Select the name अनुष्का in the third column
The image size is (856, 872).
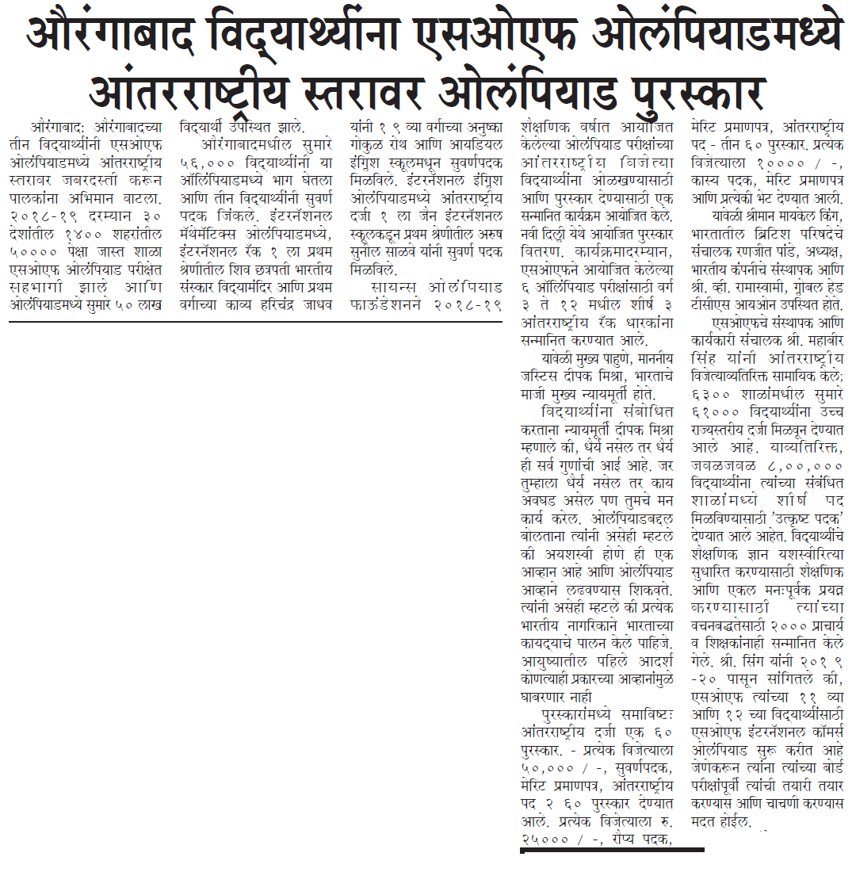pos(479,126)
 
